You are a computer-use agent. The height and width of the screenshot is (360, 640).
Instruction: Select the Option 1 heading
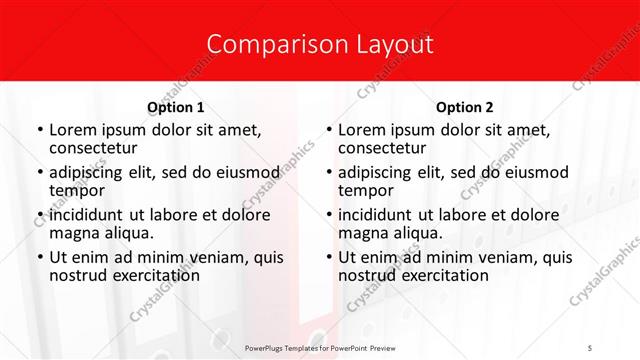coord(175,107)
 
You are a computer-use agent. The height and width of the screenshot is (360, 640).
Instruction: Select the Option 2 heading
coord(465,107)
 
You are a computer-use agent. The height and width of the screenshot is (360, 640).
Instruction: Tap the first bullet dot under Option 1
coord(39,131)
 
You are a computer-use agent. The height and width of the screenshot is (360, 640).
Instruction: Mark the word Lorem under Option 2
coord(361,130)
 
